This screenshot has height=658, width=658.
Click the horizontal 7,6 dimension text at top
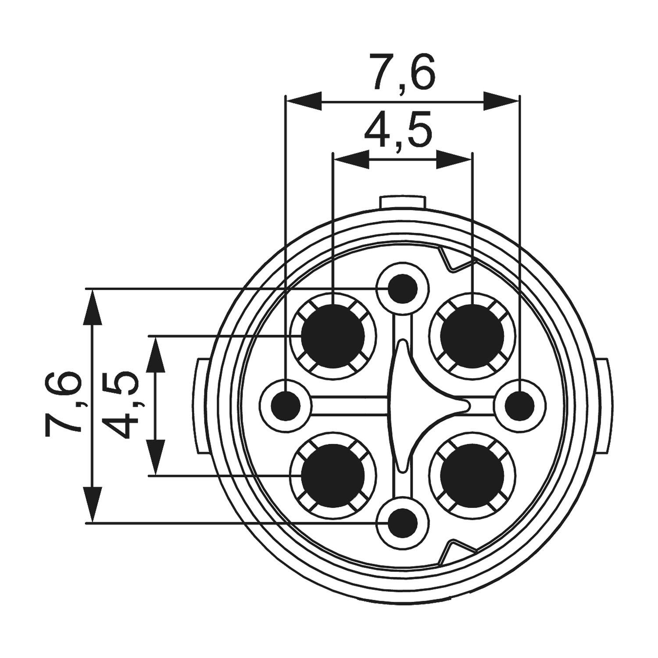click(402, 72)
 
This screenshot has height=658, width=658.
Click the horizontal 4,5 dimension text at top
click(397, 131)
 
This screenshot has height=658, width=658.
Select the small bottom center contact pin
click(403, 522)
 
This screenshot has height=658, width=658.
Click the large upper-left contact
click(333, 336)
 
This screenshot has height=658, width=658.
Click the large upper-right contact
click(472, 336)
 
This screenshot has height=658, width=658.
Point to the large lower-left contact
click(333, 476)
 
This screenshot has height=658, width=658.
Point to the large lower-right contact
click(472, 476)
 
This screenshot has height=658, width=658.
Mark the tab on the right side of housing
click(604, 406)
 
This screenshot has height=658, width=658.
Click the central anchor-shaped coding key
click(408, 406)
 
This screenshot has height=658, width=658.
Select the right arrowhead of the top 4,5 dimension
click(454, 160)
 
